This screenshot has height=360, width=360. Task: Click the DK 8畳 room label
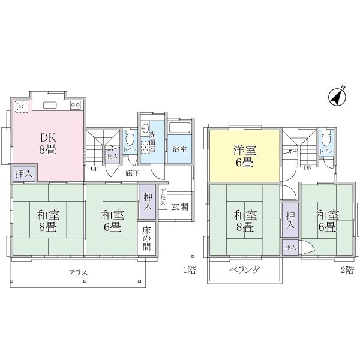[x=48, y=143]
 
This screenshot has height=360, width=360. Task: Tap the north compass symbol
[x=338, y=96]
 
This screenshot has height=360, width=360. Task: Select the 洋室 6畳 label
[x=243, y=156]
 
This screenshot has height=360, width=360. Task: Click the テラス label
[x=78, y=272]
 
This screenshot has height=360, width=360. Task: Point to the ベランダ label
[x=244, y=270]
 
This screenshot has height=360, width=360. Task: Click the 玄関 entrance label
[x=179, y=207]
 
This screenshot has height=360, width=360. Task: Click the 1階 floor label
[x=189, y=270]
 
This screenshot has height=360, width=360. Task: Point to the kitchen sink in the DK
[x=49, y=106]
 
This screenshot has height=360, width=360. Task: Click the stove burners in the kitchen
[x=76, y=106]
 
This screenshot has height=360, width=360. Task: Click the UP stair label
[x=94, y=169]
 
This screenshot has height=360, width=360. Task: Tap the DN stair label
[x=307, y=167]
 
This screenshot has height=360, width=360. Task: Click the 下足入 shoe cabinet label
[x=163, y=199]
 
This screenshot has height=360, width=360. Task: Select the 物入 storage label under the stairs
[x=112, y=156]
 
